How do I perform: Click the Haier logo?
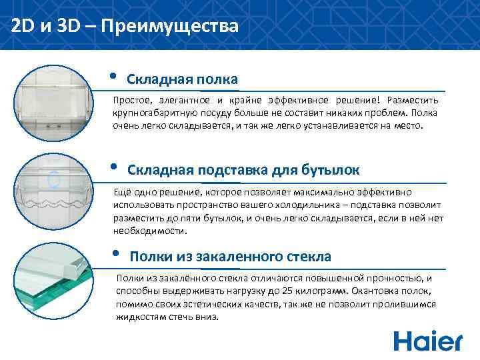pyautogui.click(x=427, y=340)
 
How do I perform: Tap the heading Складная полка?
pyautogui.click(x=182, y=79)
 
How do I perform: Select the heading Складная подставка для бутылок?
pyautogui.click(x=243, y=169)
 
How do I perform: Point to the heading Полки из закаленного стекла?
pyautogui.click(x=230, y=257)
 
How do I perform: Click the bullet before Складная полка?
pyautogui.click(x=113, y=75)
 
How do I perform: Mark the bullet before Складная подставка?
pyautogui.click(x=113, y=166)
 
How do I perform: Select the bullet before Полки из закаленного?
pyautogui.click(x=115, y=253)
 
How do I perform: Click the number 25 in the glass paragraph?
pyautogui.click(x=285, y=291)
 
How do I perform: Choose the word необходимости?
pyautogui.click(x=150, y=231)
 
